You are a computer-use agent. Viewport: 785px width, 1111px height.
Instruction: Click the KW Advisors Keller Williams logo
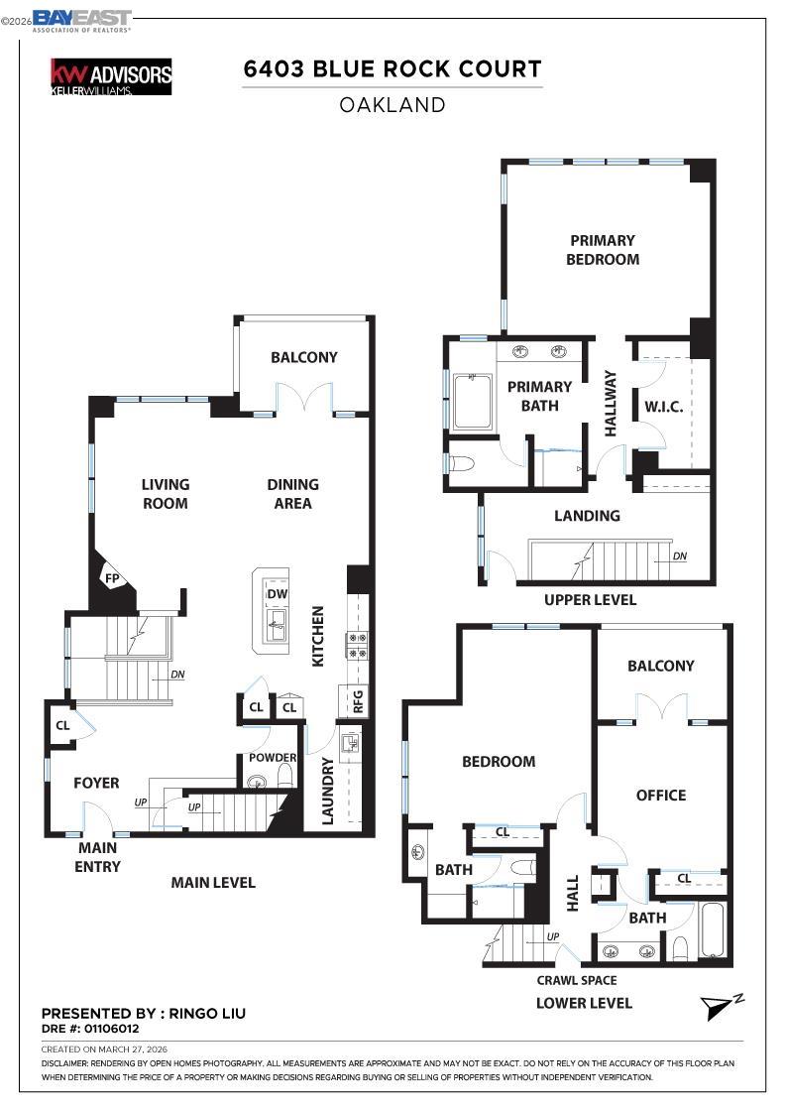(x=111, y=76)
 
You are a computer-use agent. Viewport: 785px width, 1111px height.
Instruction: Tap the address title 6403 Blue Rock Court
(x=392, y=69)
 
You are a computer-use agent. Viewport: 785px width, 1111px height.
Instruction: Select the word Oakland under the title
(x=392, y=104)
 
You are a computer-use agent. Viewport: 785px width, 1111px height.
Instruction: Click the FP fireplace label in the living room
(x=112, y=578)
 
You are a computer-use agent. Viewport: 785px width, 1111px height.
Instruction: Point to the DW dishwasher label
(x=277, y=594)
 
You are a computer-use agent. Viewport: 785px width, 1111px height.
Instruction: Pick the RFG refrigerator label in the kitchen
(x=357, y=701)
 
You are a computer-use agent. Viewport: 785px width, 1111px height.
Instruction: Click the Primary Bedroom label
(x=602, y=249)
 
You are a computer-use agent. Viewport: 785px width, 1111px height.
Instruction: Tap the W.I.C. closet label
(x=663, y=407)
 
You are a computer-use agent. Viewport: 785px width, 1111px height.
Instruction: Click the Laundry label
(x=328, y=791)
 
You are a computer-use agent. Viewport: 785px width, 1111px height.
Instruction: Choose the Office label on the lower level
(x=661, y=795)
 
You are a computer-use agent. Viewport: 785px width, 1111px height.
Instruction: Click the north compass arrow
(x=720, y=1007)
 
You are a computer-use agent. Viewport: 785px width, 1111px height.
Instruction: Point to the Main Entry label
(x=97, y=857)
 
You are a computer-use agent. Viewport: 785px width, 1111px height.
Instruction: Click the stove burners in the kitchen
(x=357, y=645)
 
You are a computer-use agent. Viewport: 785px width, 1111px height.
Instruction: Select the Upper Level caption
(x=590, y=600)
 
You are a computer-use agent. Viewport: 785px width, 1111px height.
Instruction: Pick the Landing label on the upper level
(x=587, y=516)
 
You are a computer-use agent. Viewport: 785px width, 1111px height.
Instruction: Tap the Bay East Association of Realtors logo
(x=81, y=20)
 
